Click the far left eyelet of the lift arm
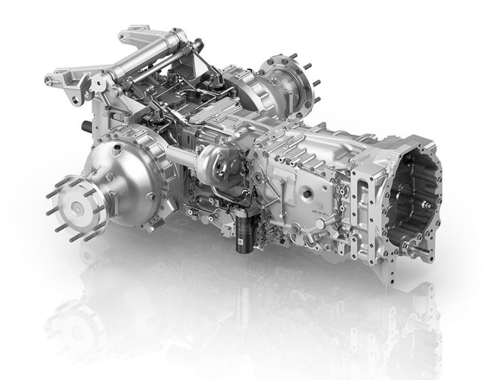click(50, 80)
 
